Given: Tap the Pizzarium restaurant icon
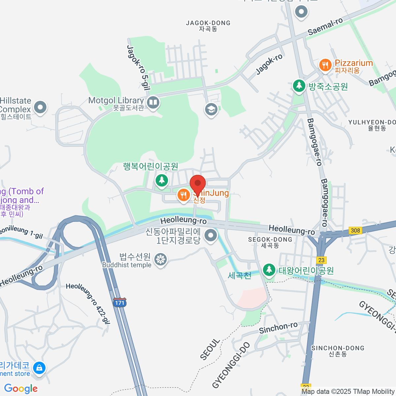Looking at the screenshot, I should point(325,65).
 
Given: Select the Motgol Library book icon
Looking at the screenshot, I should point(153,102).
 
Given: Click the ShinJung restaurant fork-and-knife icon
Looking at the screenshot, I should point(183,195).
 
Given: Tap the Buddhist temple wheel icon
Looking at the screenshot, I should point(161,259).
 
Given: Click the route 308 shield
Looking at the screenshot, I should point(355,230).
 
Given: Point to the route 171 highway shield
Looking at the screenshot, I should point(119,303).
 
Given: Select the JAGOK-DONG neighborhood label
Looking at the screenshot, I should point(208,26).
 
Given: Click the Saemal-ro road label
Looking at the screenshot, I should point(325,27).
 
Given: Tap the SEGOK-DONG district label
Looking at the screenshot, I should point(270,242).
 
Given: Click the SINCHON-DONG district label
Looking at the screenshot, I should point(338,351).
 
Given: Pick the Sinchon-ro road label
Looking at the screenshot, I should point(278,328).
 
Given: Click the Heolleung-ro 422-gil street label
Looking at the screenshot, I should point(88,304).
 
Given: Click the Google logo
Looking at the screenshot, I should point(21,388).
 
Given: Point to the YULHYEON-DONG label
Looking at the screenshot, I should point(372,125).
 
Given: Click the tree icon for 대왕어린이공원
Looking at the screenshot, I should point(269,270).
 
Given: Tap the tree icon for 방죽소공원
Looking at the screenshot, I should point(299,86).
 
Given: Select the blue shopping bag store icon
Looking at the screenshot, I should point(40,368).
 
